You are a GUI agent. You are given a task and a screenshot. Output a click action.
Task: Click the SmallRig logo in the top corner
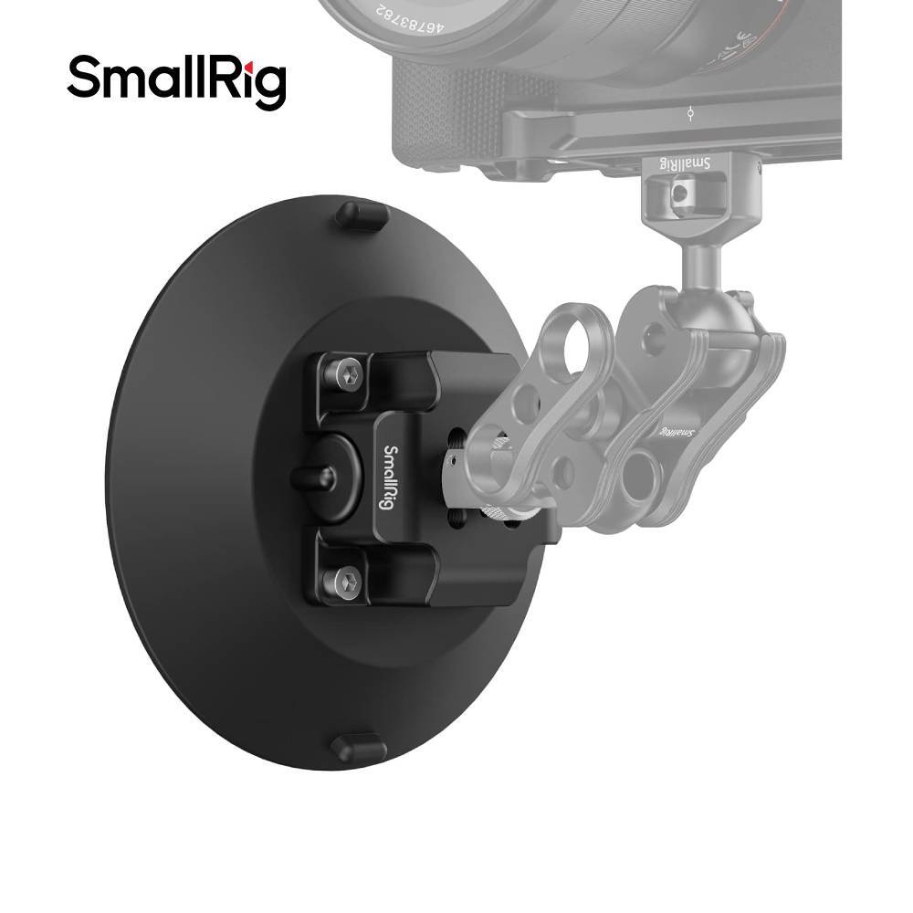point(176,81)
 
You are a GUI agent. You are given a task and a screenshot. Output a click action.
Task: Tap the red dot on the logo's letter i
point(247,60)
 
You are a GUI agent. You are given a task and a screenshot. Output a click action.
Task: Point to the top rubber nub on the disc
point(362,216)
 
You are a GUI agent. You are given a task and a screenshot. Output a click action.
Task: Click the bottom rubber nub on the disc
point(358,747)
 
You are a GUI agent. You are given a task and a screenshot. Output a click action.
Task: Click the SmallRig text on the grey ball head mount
point(685,163)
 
